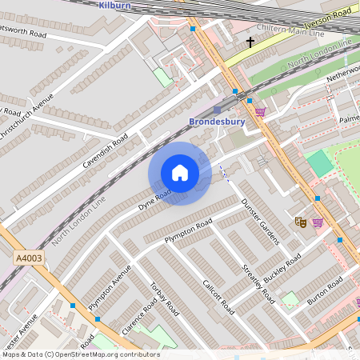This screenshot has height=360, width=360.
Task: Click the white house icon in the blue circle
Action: coord(180,173)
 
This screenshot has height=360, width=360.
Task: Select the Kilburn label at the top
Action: coord(114,5)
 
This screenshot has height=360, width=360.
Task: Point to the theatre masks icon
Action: coord(302,222)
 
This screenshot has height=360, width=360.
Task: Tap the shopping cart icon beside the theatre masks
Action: coord(318,222)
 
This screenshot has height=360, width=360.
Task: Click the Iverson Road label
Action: coord(328,15)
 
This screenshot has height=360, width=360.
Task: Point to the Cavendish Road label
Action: coord(105,150)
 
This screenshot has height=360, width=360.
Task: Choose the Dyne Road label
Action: coord(154,199)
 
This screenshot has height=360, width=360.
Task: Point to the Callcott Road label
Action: coord(217,295)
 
